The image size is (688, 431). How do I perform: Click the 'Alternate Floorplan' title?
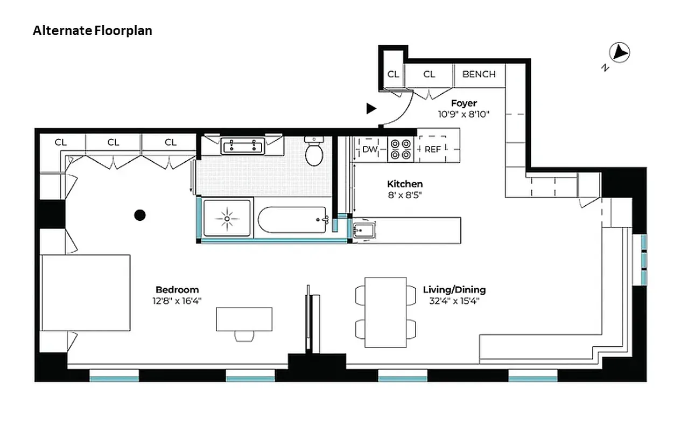click(x=92, y=31)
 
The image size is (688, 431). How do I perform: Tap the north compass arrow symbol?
click(x=619, y=53)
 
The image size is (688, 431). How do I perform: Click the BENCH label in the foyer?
click(x=479, y=74)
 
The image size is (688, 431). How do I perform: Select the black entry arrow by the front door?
click(x=371, y=109)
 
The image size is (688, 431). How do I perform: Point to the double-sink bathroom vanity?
click(x=242, y=146)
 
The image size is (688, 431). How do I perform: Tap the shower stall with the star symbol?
click(x=227, y=218)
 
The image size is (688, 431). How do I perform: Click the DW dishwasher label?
click(x=369, y=149)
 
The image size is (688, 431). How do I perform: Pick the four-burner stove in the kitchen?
click(x=401, y=149)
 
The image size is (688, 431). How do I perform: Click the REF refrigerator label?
click(x=432, y=149)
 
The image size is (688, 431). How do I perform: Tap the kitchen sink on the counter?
click(x=361, y=231)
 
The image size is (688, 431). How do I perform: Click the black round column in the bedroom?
click(x=140, y=215)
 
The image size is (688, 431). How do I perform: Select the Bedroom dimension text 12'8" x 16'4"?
click(x=177, y=301)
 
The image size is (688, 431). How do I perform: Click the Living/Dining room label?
click(x=454, y=290)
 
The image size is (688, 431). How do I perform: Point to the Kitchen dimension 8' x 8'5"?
click(x=404, y=195)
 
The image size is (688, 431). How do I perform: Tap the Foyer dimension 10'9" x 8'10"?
click(x=464, y=114)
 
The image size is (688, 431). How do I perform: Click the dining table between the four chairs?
click(x=385, y=312)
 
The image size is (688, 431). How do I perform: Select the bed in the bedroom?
click(x=86, y=293)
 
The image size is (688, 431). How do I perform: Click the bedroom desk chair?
click(x=244, y=336)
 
